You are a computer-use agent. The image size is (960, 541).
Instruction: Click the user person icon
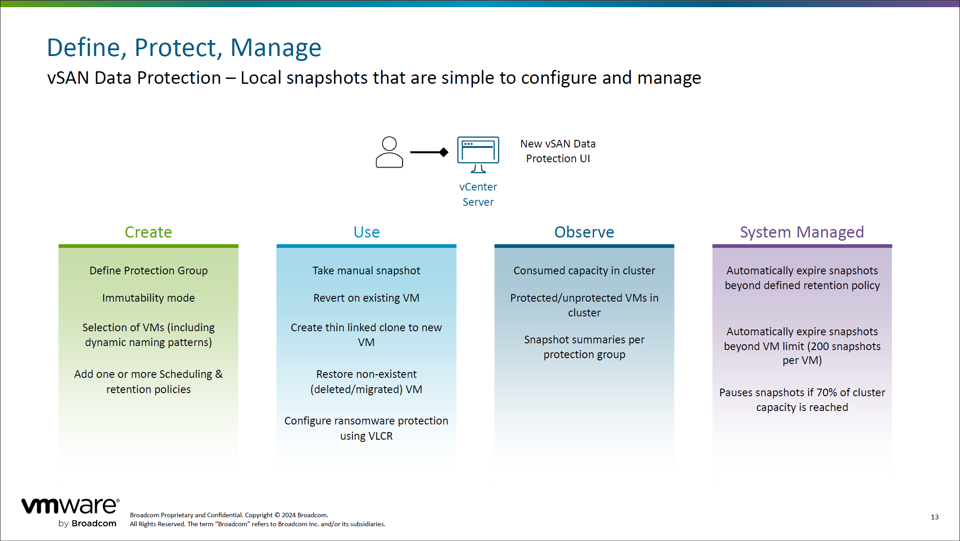coord(389,152)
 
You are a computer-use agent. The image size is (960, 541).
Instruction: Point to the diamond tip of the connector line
coord(443,152)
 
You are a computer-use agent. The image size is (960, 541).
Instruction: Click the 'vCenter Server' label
coord(478,194)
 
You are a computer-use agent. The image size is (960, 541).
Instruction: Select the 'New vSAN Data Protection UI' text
coord(558,151)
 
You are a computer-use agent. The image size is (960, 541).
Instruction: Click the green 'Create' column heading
coord(148,232)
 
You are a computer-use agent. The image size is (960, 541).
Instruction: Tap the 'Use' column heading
coord(366,232)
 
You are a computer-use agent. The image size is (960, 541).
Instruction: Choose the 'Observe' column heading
coord(584,232)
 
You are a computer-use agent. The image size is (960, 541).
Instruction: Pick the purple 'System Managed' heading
coord(802,232)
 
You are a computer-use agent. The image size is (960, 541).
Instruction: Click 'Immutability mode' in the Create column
coord(148,298)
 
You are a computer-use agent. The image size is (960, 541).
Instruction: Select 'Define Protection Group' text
coord(148,271)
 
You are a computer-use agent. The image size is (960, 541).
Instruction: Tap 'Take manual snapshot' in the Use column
coord(366,271)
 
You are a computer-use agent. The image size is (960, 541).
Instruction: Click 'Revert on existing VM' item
coord(366,298)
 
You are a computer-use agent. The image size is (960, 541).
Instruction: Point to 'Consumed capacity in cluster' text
coord(584,271)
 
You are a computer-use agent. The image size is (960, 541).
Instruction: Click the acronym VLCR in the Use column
coord(380,436)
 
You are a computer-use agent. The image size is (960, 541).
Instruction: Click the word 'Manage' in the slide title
coord(276,48)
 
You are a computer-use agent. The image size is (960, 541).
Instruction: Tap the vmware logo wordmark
coord(70,506)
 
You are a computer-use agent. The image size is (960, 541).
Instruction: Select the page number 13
coord(934,517)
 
